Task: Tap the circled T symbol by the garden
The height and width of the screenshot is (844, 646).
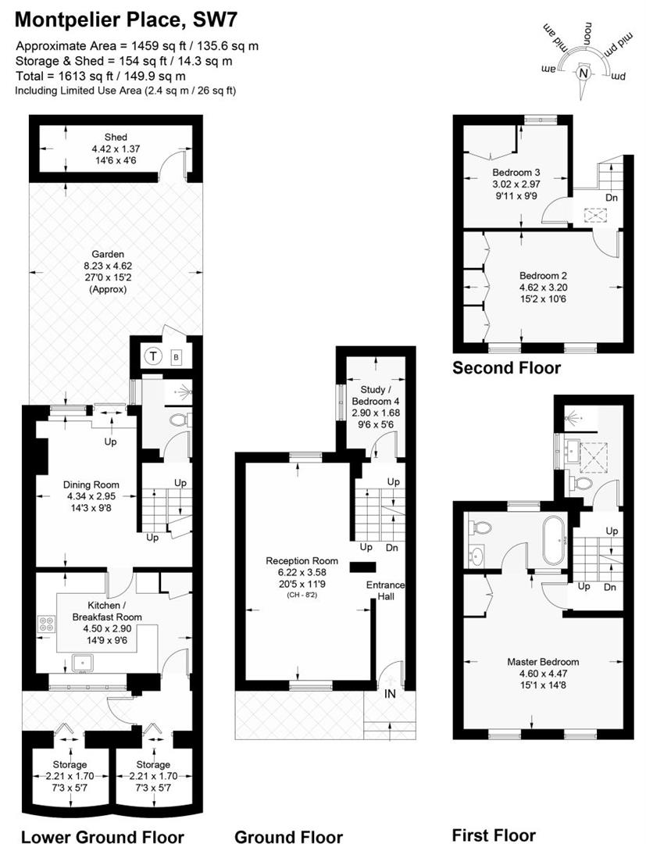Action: pyautogui.click(x=153, y=356)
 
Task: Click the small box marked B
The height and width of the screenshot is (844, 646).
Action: pyautogui.click(x=176, y=357)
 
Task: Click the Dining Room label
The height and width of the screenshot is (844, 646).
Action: pyautogui.click(x=91, y=484)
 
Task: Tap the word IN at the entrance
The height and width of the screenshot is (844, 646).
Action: pyautogui.click(x=389, y=693)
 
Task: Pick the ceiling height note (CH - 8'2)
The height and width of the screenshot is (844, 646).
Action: pyautogui.click(x=302, y=595)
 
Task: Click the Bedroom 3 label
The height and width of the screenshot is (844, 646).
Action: pyautogui.click(x=516, y=172)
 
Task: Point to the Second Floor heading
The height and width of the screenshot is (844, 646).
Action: pyautogui.click(x=506, y=368)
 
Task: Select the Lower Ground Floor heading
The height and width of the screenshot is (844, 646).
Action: pyautogui.click(x=102, y=837)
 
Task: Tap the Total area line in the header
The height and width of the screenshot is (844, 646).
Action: pyautogui.click(x=101, y=77)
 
